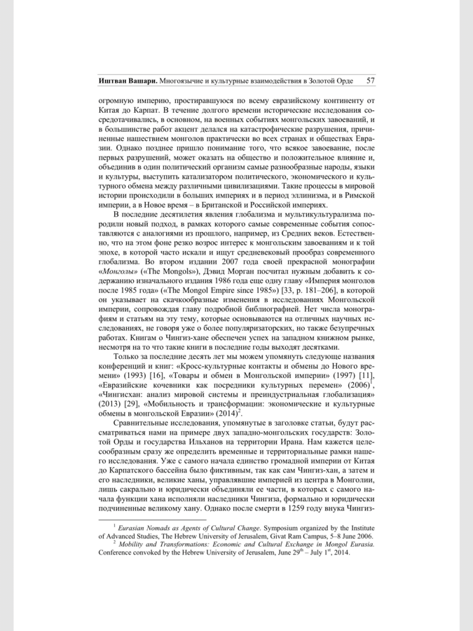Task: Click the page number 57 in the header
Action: point(371,81)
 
